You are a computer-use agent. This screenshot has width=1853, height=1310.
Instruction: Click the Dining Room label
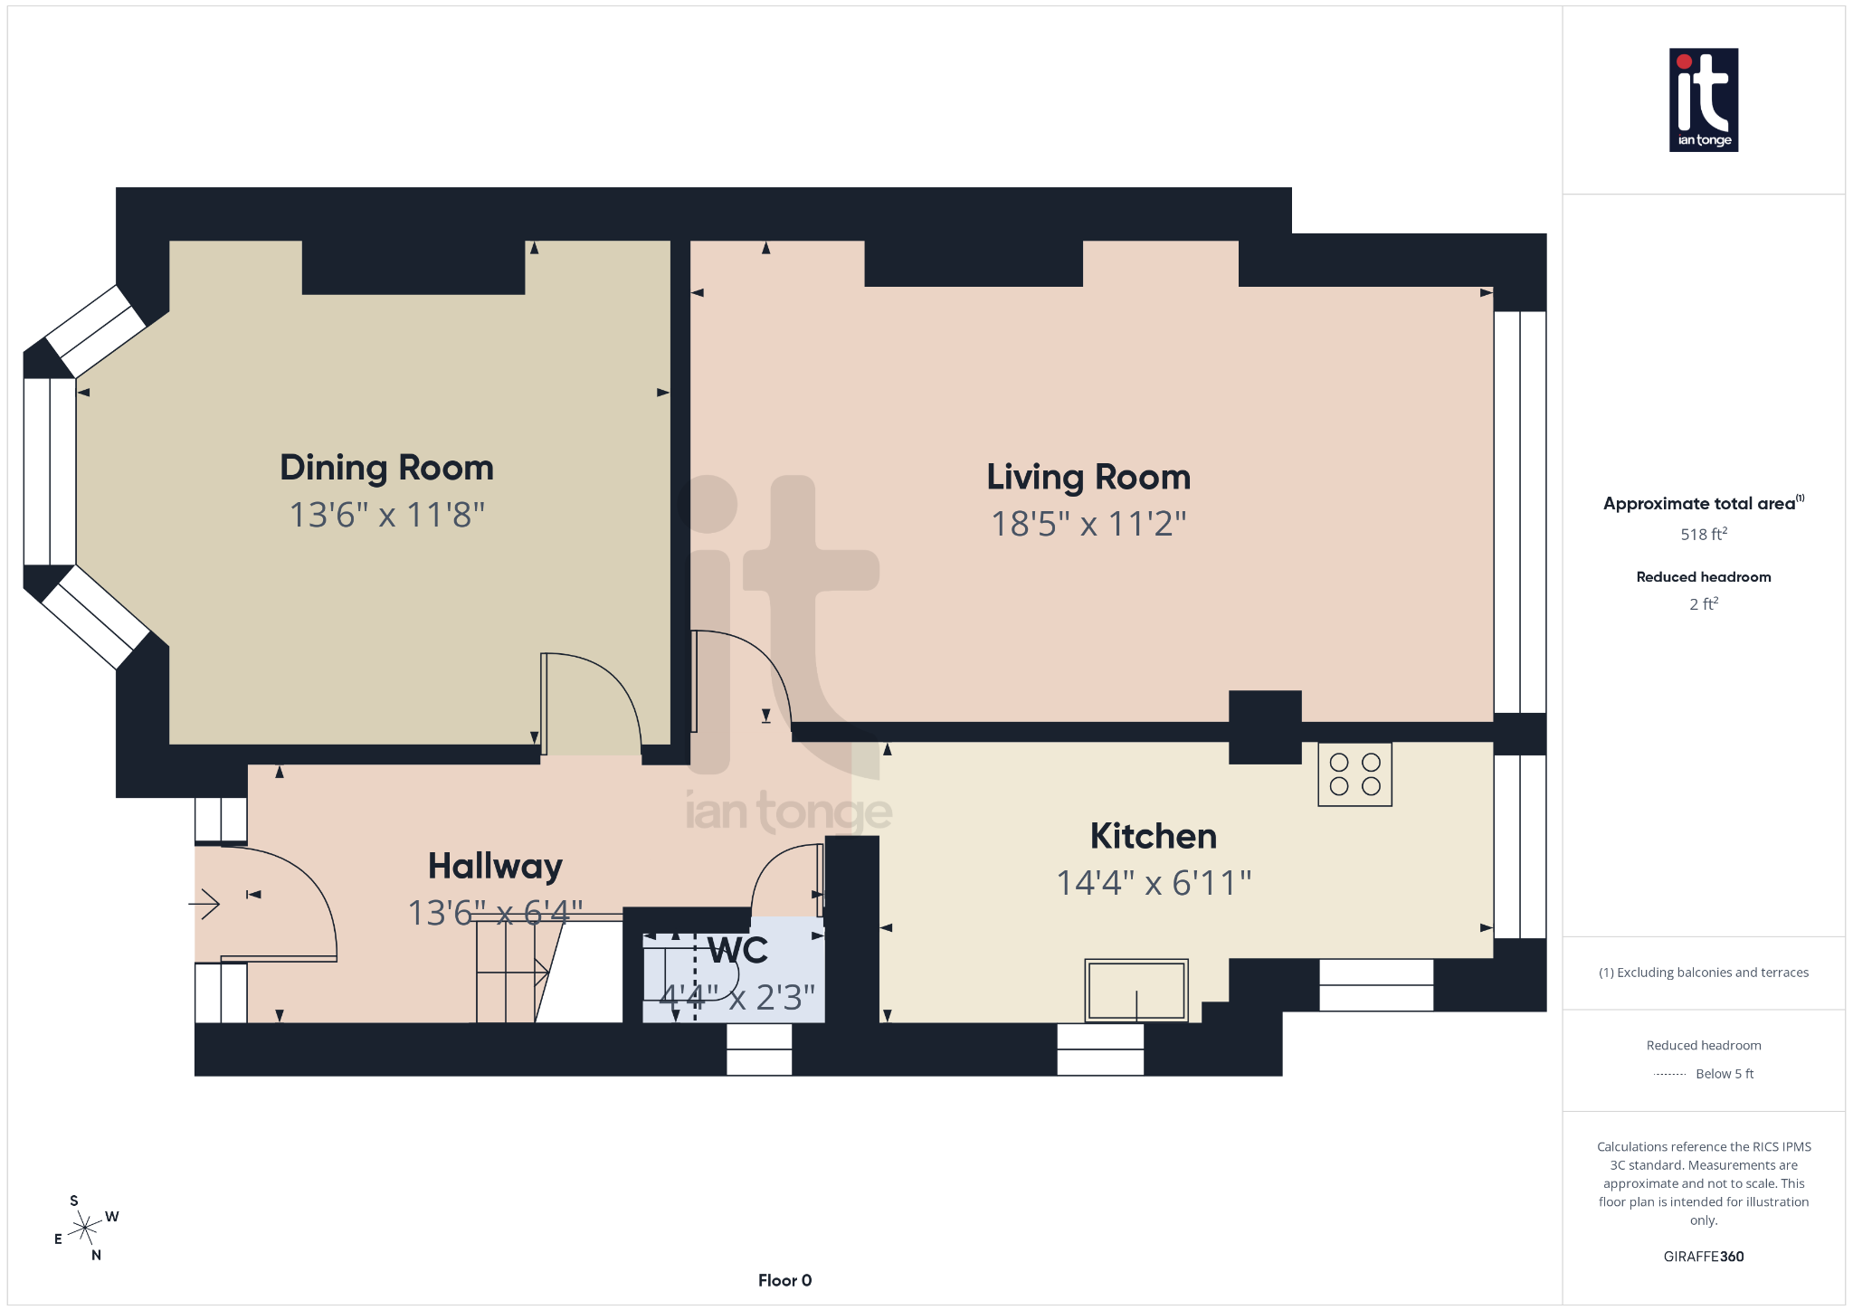[386, 468]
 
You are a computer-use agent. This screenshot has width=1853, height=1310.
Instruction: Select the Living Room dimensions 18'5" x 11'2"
[1088, 524]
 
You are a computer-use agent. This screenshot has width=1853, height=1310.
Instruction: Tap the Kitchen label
[1153, 836]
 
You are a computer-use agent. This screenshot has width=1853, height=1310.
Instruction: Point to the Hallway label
[495, 866]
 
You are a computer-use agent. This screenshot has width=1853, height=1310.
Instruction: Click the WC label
[737, 951]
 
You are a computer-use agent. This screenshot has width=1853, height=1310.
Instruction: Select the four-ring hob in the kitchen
[1354, 774]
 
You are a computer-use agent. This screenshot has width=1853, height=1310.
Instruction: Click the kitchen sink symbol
[1136, 990]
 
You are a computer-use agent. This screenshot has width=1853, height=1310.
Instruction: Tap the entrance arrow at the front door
[205, 903]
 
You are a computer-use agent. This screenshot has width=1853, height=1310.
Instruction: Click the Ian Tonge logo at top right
[1703, 100]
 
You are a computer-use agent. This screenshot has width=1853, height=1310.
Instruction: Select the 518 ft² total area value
[1703, 535]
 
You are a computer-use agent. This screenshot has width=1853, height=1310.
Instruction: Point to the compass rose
[85, 1228]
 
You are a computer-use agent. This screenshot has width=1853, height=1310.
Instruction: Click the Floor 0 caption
[784, 1280]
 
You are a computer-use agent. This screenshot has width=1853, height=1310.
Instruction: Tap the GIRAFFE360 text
[1703, 1257]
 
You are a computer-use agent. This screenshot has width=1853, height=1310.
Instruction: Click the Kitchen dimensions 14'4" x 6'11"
[1153, 883]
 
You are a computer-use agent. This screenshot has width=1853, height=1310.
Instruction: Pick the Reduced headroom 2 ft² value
[1703, 604]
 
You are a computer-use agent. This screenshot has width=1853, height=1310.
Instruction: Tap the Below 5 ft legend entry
[1723, 1074]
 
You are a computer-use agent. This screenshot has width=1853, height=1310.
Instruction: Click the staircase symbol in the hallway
[511, 973]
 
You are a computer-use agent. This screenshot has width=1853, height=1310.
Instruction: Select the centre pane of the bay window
[50, 471]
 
